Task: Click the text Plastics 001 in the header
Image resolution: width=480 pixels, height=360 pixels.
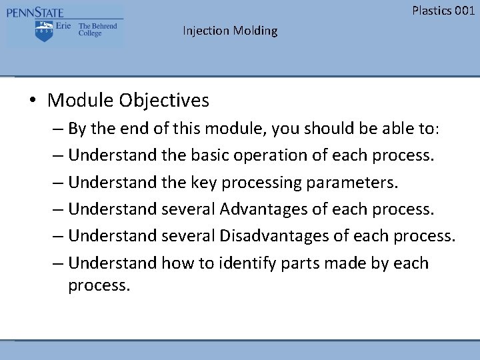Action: pos(443,10)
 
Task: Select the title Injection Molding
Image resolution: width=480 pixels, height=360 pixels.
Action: pos(230,31)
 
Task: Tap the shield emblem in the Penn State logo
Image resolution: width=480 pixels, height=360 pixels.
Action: pos(45,31)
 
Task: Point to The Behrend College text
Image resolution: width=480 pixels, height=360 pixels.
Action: pos(97,30)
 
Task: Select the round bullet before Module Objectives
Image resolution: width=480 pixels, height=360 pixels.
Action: pos(33,101)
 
